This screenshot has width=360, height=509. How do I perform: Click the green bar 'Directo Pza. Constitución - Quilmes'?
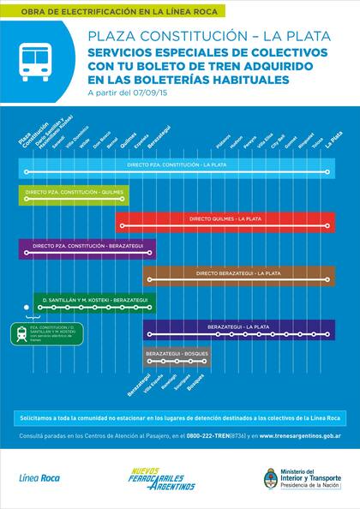pos(73,195)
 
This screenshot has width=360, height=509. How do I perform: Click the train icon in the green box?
pos(21,333)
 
